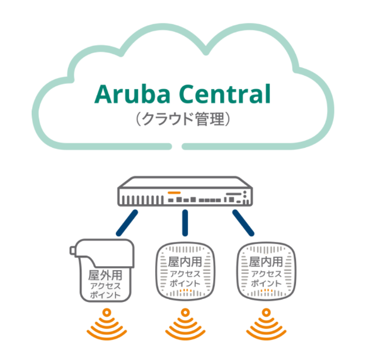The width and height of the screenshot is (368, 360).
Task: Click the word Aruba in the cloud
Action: pos(131,94)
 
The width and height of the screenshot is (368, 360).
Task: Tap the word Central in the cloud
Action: pos(221,94)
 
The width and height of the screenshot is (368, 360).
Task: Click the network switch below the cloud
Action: pos(183,192)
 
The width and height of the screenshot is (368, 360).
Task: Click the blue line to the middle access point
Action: pos(184,223)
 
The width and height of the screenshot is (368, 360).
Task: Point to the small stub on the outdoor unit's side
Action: pos(73,251)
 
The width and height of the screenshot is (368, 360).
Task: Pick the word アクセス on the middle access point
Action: pos(184,273)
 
